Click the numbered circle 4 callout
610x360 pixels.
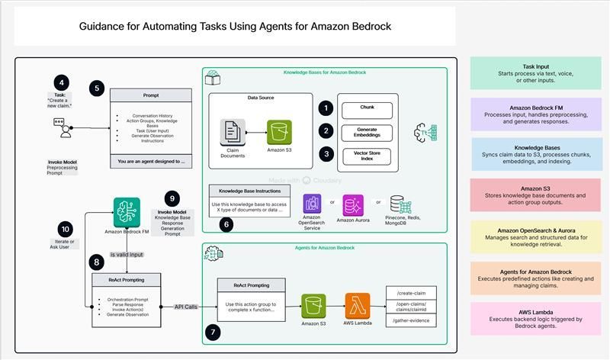click(61, 82)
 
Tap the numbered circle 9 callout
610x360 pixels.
click(172, 199)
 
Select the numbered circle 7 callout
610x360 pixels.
click(214, 333)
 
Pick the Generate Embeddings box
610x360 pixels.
click(367, 131)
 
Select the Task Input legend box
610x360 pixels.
click(535, 73)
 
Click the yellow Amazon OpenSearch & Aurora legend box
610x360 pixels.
click(535, 237)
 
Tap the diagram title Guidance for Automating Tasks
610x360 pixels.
click(235, 27)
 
